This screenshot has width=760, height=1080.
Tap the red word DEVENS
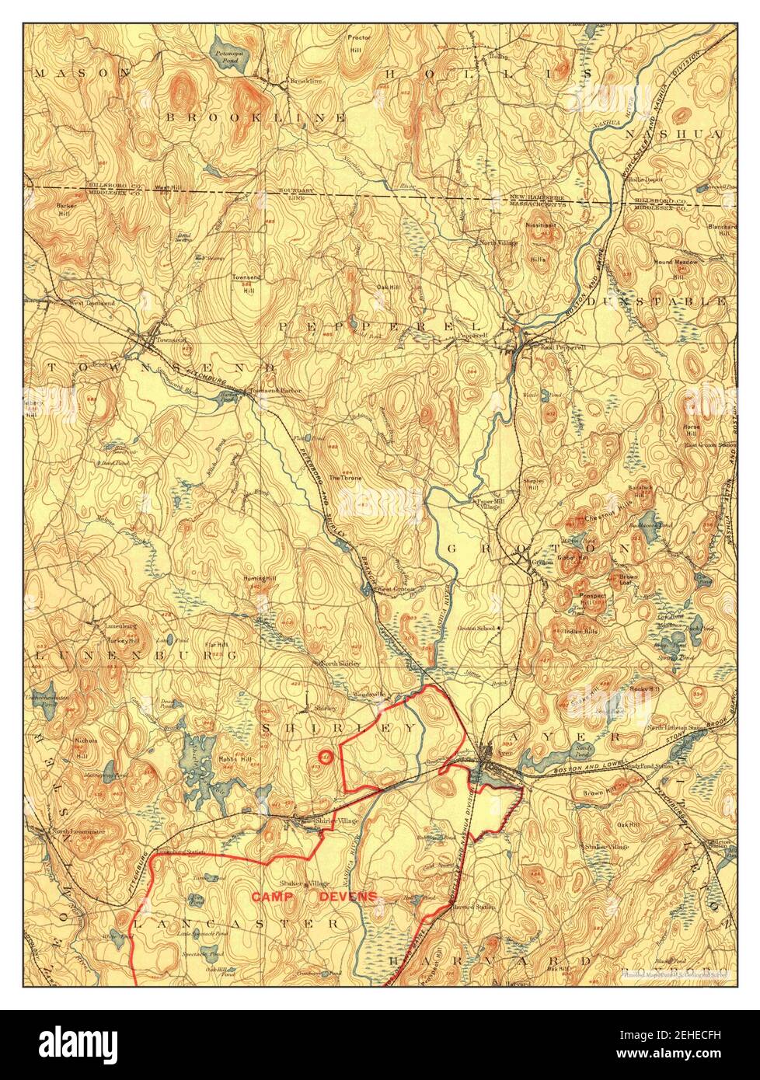(x=347, y=896)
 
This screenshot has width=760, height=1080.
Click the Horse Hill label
(x=691, y=430)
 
